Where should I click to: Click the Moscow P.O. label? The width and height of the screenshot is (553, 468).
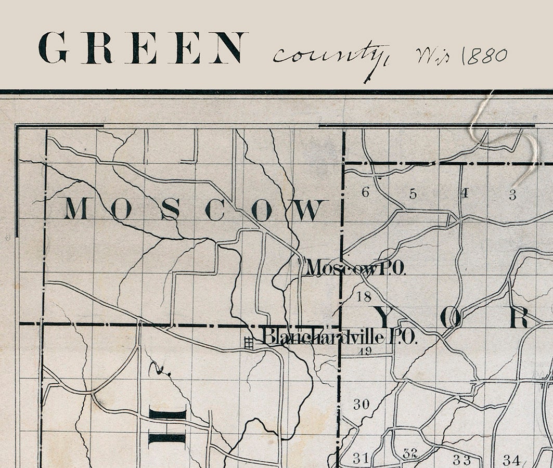pyautogui.click(x=356, y=268)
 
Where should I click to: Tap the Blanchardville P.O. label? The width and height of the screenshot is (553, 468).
pyautogui.click(x=339, y=336)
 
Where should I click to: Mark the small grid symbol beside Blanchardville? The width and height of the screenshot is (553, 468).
pyautogui.click(x=249, y=342)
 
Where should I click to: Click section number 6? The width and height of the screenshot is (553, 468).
pyautogui.click(x=365, y=193)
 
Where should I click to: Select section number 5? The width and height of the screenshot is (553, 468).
pyautogui.click(x=413, y=194)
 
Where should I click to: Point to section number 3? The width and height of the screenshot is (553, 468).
pyautogui.click(x=512, y=195)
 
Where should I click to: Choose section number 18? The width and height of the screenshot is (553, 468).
pyautogui.click(x=365, y=297)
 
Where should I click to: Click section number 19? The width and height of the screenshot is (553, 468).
pyautogui.click(x=365, y=351)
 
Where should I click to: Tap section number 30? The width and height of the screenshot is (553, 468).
pyautogui.click(x=361, y=404)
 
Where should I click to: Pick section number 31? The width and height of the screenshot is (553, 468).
pyautogui.click(x=361, y=458)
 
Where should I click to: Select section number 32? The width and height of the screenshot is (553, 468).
pyautogui.click(x=410, y=453)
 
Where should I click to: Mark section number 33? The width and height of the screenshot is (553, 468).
pyautogui.click(x=461, y=460)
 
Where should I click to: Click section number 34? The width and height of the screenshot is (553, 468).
pyautogui.click(x=510, y=460)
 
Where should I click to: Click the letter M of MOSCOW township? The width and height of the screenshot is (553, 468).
pyautogui.click(x=76, y=209)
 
